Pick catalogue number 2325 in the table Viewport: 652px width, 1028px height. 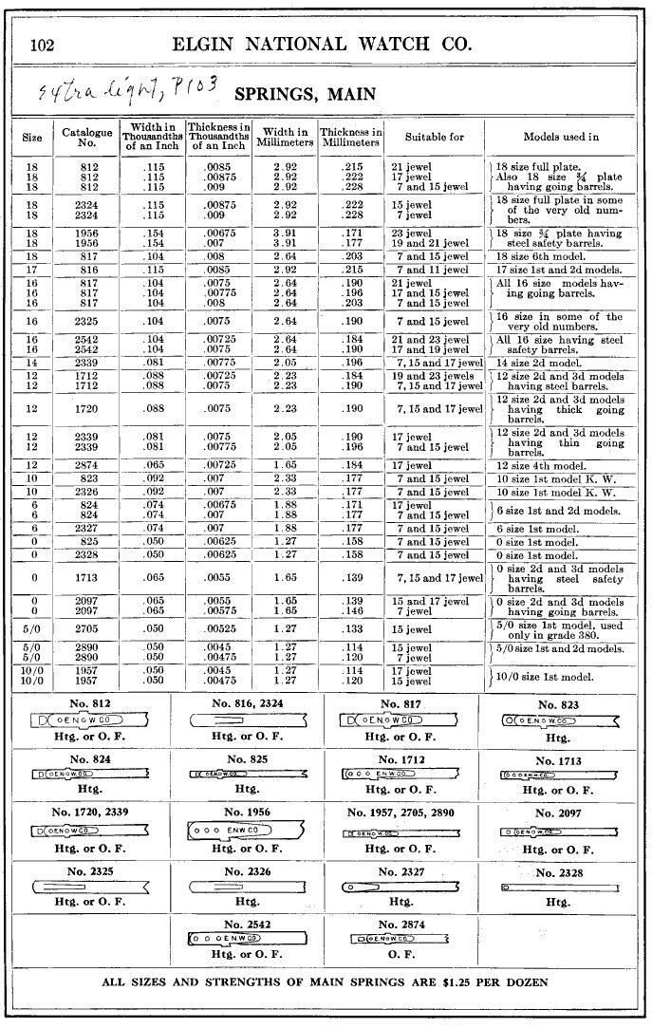click(87, 322)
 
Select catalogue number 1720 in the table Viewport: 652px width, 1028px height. click(87, 409)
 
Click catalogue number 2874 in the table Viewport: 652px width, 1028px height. click(87, 465)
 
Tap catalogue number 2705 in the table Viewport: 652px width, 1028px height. click(87, 628)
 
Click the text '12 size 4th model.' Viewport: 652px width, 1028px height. click(542, 465)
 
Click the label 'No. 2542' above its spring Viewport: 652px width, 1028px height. click(248, 924)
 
